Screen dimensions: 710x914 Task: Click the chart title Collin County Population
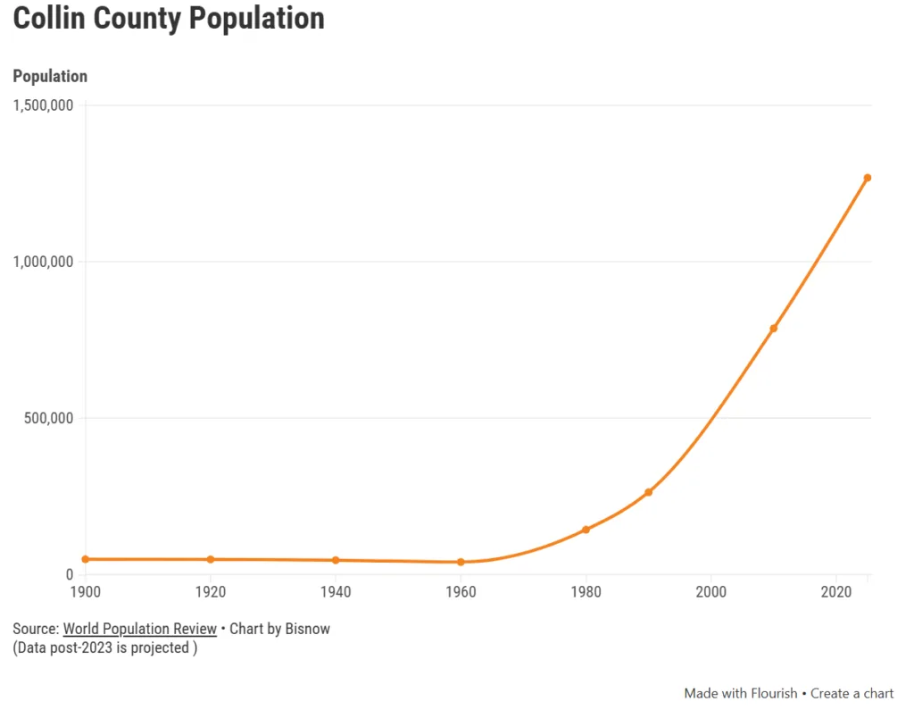[169, 19]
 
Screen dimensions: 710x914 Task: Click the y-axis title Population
[50, 77]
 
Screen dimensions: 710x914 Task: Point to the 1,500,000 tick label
[43, 105]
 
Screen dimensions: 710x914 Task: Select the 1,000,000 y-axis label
[43, 262]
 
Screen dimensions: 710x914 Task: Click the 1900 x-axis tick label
[86, 592]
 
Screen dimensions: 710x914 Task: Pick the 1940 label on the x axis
[336, 592]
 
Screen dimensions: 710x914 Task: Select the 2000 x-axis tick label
[710, 592]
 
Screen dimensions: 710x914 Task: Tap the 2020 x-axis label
[835, 592]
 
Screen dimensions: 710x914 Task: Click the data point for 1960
[461, 562]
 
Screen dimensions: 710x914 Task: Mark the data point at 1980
[586, 530]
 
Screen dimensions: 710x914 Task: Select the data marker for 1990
[648, 492]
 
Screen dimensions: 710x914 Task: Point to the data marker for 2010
[773, 329]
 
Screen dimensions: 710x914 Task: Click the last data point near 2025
[867, 178]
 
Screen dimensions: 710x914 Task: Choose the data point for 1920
[211, 559]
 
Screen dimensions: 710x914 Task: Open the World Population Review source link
[139, 629]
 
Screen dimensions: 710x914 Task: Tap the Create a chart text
[852, 693]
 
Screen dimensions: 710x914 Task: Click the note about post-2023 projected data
[105, 647]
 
